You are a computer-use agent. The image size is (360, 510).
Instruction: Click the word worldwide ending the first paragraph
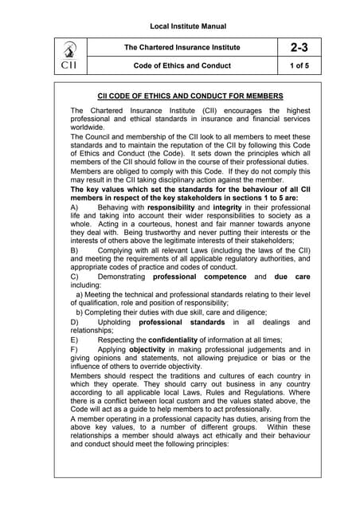tap(89, 126)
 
